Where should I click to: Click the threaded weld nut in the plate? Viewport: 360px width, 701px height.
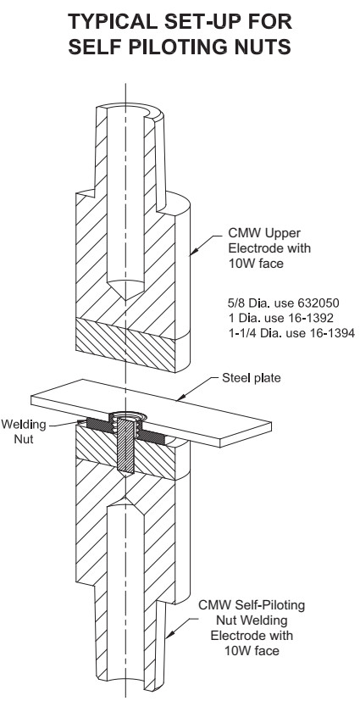tap(128, 418)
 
